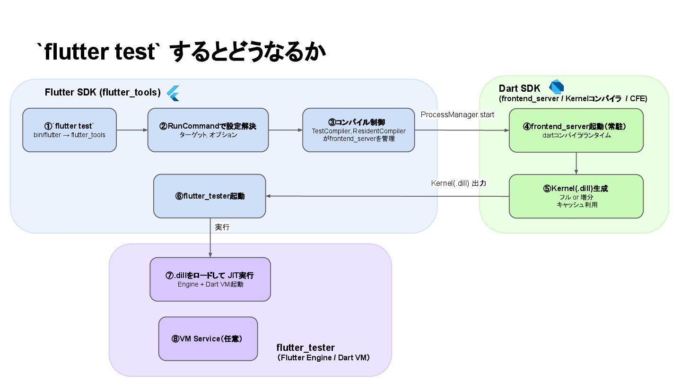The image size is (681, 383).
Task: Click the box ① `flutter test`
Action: click(70, 130)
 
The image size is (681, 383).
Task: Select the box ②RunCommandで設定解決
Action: click(208, 130)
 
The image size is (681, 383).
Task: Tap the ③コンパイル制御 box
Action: click(359, 130)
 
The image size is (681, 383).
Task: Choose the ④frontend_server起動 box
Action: click(576, 130)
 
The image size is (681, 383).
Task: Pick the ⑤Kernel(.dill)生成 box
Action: click(576, 196)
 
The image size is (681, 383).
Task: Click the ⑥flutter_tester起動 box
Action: click(210, 196)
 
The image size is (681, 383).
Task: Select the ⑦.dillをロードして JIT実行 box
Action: click(210, 279)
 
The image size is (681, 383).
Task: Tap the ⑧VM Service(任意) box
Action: click(208, 339)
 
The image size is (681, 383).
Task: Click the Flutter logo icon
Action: click(173, 93)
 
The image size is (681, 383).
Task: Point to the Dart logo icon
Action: click(557, 88)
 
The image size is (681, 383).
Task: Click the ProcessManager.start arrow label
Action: click(457, 115)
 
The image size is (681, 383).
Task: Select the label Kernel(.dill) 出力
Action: click(458, 183)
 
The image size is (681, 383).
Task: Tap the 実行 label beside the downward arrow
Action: click(222, 227)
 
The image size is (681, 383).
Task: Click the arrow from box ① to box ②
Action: click(132, 130)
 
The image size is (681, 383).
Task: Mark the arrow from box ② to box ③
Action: click(286, 130)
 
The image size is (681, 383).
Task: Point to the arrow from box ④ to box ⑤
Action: click(576, 163)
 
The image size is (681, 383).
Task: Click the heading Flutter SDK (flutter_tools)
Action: click(103, 92)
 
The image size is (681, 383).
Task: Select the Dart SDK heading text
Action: click(519, 88)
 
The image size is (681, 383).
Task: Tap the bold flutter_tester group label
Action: click(305, 348)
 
